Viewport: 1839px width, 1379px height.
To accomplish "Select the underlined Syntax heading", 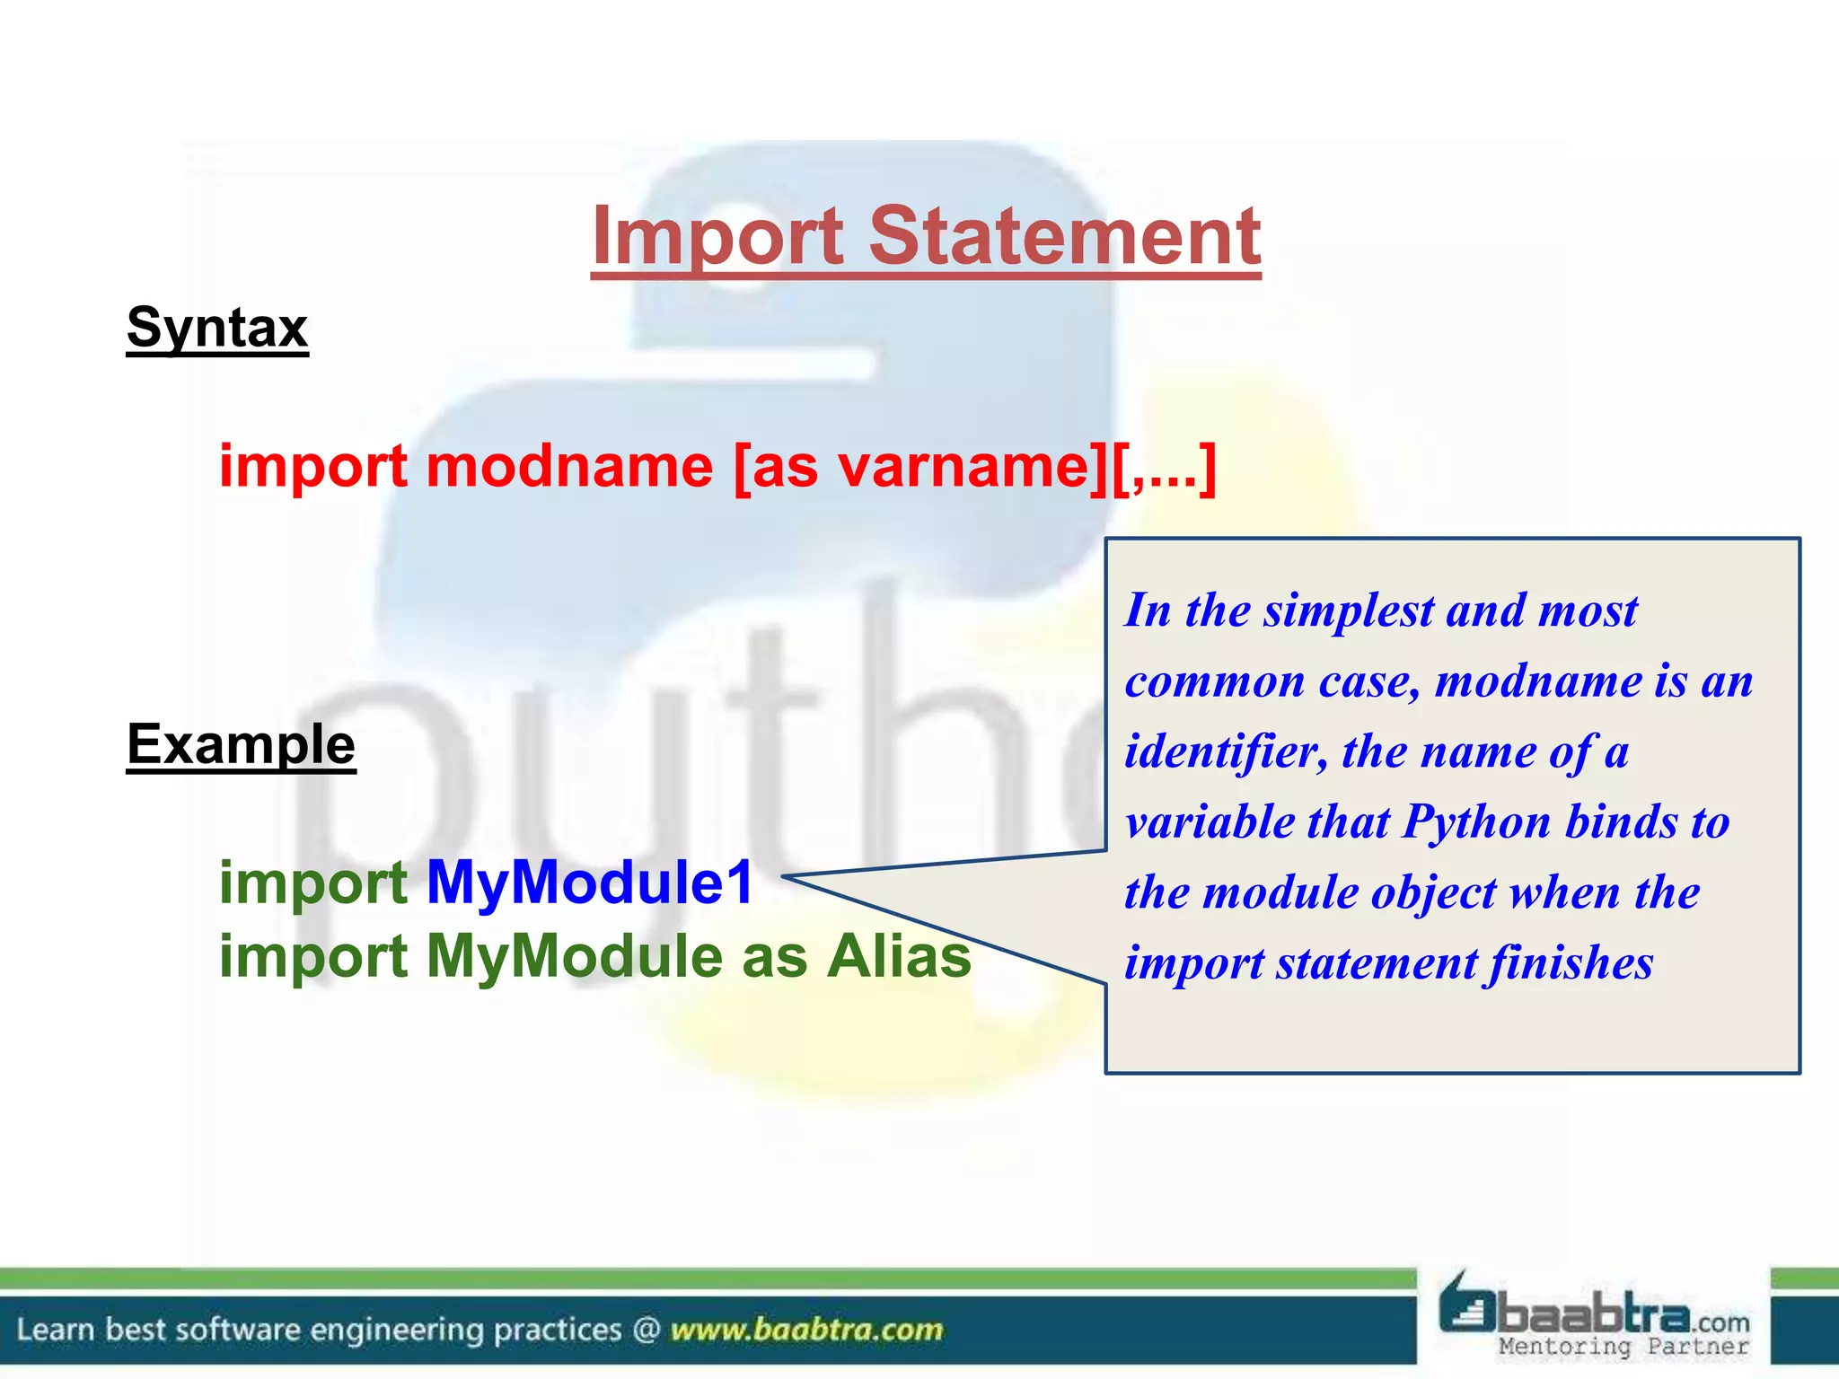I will click(x=217, y=328).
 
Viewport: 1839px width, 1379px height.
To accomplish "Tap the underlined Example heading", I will click(x=241, y=744).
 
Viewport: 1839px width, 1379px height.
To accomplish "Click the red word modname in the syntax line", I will click(x=569, y=467).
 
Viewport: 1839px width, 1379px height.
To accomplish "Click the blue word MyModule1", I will click(x=590, y=883).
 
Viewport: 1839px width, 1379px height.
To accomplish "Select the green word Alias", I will click(x=899, y=956).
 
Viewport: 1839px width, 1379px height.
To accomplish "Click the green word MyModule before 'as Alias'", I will click(x=574, y=956).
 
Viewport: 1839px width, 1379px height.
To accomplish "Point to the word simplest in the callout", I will click(x=1349, y=611).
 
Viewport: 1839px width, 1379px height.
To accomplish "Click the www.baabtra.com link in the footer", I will click(x=806, y=1330).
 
